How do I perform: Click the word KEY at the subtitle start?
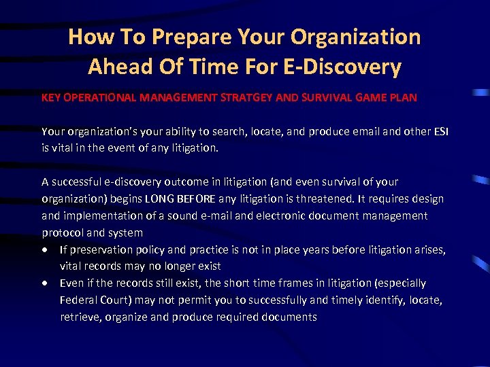pos(51,97)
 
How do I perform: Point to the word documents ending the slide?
pos(292,317)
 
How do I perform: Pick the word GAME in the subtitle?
pos(371,97)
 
